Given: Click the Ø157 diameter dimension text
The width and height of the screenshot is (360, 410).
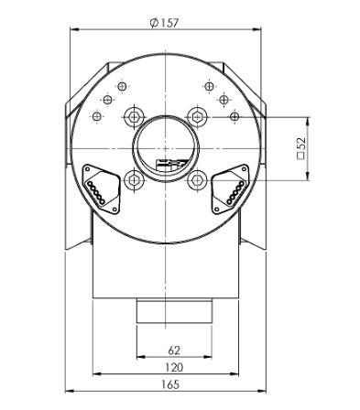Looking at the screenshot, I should [x=167, y=23].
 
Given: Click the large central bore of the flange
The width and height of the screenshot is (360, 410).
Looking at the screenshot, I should [x=165, y=146].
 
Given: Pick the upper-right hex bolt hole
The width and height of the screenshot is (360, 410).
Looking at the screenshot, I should [x=197, y=115].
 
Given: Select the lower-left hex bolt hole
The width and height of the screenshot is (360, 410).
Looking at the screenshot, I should [x=133, y=180].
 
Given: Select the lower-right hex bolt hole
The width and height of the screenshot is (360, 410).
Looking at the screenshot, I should [x=197, y=180].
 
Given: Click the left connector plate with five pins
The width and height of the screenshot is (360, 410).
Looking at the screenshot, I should [x=98, y=186].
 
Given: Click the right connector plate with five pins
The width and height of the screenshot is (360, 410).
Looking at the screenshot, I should [x=232, y=186].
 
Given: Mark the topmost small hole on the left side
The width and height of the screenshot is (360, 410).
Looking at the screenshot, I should [x=119, y=86].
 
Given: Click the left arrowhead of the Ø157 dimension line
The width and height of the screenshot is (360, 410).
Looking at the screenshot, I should [x=73, y=31].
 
